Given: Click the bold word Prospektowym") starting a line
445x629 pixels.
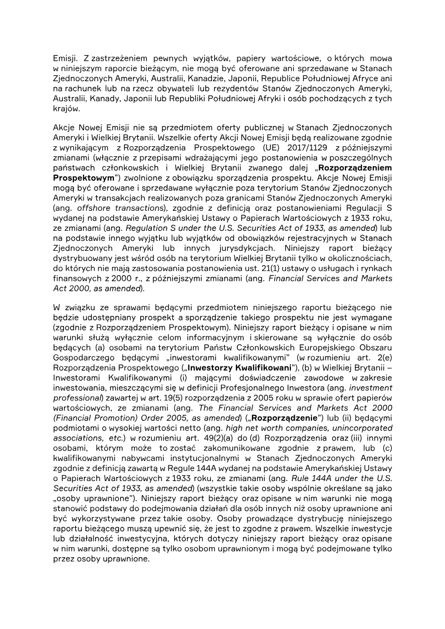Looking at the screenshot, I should click(x=84, y=177).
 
